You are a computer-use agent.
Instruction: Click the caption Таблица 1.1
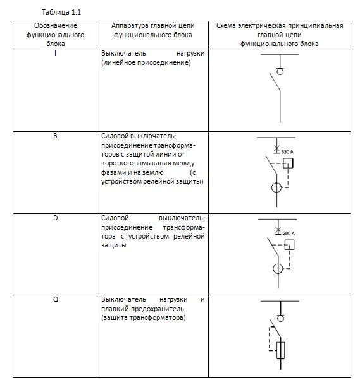[61, 12]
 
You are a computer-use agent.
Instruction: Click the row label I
[56, 53]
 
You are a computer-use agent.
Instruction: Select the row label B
[55, 136]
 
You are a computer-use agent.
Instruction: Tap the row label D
[56, 218]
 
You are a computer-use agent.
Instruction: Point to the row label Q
[56, 300]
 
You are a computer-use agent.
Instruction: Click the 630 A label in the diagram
[287, 151]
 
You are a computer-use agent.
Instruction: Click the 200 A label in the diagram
[289, 234]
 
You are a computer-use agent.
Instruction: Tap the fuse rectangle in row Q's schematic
[280, 350]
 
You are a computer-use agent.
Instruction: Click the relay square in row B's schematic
[288, 163]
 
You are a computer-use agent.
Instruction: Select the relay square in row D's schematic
[289, 244]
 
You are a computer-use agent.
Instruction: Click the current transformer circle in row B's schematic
[276, 188]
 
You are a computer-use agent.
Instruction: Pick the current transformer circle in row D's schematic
[278, 269]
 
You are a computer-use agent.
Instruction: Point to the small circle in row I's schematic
[280, 72]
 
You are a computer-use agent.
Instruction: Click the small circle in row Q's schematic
[280, 318]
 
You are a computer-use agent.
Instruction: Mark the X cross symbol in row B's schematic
[276, 148]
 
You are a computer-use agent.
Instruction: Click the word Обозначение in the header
[56, 25]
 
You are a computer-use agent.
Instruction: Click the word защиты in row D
[113, 246]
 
